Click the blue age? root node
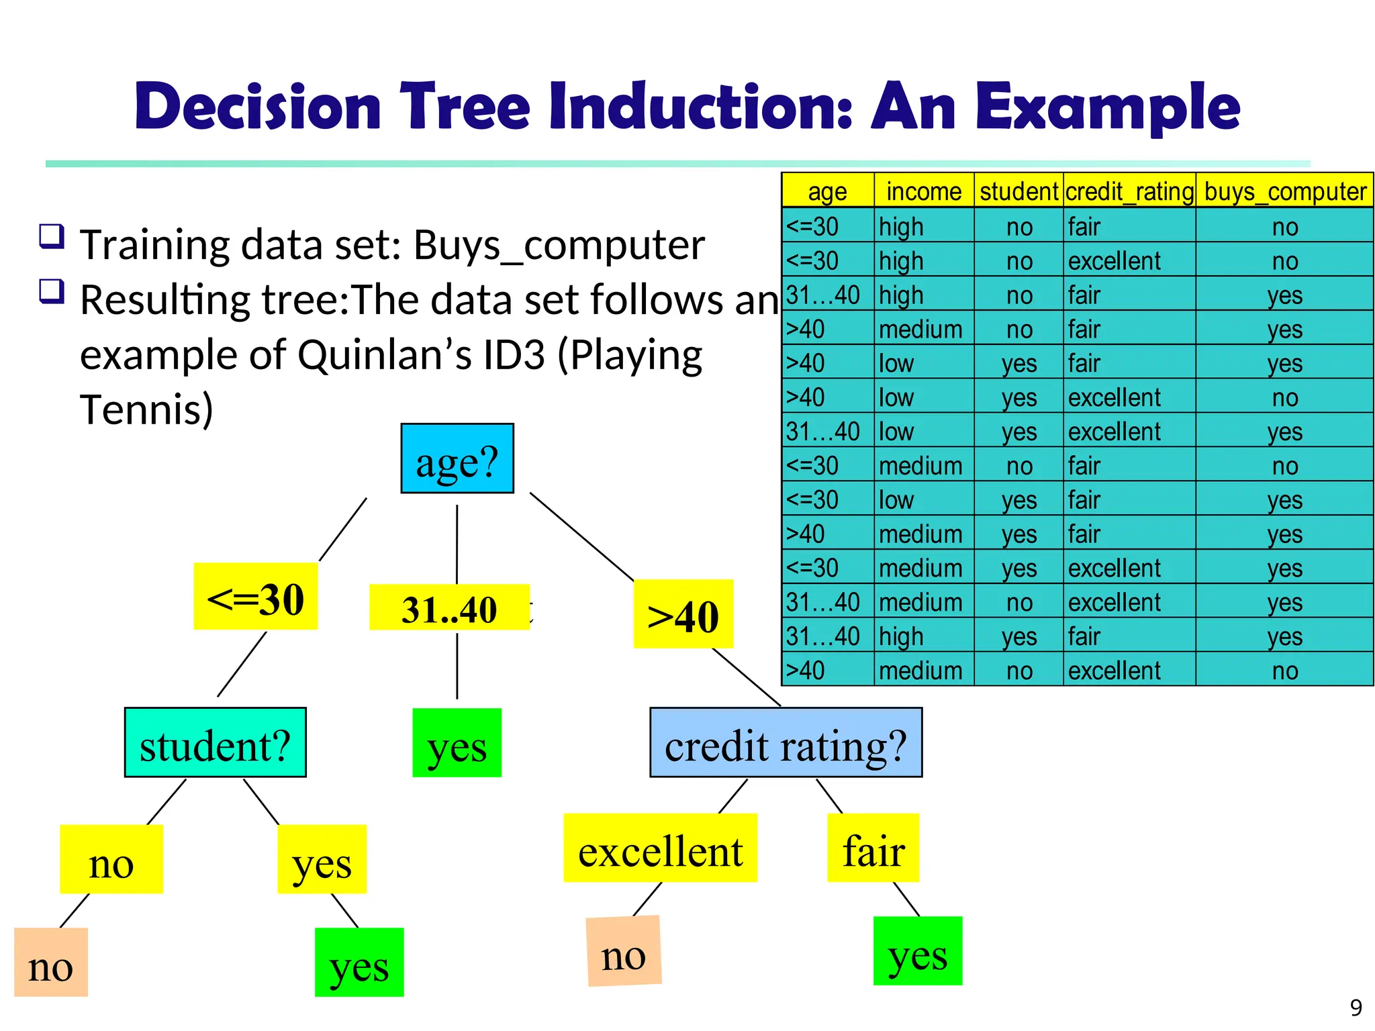(x=457, y=458)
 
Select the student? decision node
(x=216, y=742)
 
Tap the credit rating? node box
(x=786, y=742)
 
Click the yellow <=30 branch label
(x=256, y=597)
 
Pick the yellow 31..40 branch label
(x=449, y=608)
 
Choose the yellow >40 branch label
(x=683, y=614)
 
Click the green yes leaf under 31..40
(x=457, y=743)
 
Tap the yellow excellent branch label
(x=660, y=848)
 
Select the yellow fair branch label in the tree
(x=873, y=848)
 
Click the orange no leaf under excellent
(x=624, y=951)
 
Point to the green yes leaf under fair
(x=917, y=951)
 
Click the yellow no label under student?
(x=111, y=859)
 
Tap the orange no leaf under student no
(x=51, y=963)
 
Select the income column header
(x=924, y=191)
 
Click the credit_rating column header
(x=1129, y=191)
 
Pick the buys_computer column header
(x=1284, y=191)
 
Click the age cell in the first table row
(x=827, y=226)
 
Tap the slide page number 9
(x=1356, y=1008)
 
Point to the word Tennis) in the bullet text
(x=146, y=409)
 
